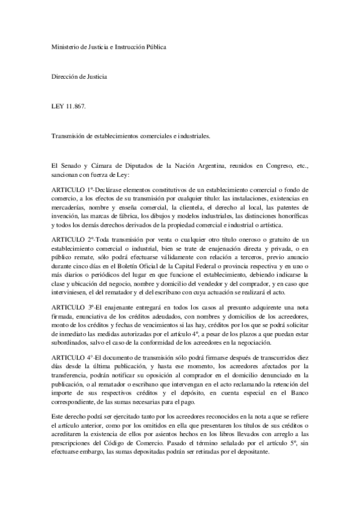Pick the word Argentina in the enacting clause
[224, 164]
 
